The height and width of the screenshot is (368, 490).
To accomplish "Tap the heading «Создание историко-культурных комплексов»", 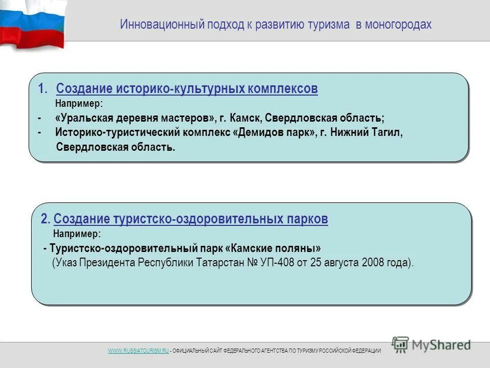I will [x=187, y=89].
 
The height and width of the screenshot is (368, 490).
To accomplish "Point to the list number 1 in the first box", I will [x=42, y=89].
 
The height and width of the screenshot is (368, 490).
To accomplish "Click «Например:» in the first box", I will [x=79, y=104].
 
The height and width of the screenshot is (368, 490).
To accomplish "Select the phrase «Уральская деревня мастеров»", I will [x=135, y=118].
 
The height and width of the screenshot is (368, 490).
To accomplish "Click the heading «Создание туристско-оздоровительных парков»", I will [x=190, y=219].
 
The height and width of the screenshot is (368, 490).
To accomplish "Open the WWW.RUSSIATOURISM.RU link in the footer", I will [x=138, y=351].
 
